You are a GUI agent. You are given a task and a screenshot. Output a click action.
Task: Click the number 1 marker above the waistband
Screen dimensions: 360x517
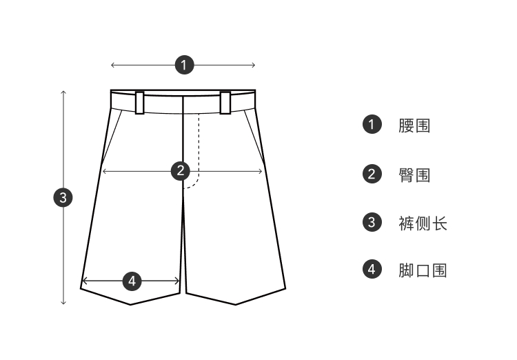[x=183, y=66]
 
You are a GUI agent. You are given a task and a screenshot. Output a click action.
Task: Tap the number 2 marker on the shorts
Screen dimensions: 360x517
[x=180, y=170]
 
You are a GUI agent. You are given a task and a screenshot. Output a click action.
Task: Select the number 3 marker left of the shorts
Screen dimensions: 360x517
[x=63, y=197]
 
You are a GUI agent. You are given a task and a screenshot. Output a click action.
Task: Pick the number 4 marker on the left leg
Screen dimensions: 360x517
[x=132, y=281]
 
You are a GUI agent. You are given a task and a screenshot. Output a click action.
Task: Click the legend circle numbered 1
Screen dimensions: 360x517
[x=372, y=125]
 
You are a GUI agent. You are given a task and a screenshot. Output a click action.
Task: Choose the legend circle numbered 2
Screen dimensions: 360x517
[x=372, y=174]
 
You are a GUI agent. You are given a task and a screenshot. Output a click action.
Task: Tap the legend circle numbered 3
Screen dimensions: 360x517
[x=372, y=222]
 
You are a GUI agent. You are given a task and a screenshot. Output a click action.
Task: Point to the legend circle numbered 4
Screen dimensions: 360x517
[x=372, y=269]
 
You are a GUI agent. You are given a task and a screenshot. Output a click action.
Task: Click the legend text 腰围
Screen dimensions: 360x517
[x=414, y=126]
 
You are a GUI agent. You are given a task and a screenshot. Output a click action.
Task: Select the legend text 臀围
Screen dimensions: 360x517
[x=414, y=174]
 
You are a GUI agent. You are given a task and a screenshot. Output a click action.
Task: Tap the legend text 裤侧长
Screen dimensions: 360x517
[x=422, y=223]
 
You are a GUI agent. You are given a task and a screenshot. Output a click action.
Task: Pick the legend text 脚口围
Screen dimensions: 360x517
[x=422, y=270]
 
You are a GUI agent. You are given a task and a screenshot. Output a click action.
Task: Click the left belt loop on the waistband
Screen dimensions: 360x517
[x=140, y=102]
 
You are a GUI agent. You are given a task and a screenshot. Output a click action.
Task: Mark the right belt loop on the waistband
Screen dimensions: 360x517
[x=225, y=102]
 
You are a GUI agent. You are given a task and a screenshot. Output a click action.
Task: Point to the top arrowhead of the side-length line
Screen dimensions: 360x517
[x=63, y=92]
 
